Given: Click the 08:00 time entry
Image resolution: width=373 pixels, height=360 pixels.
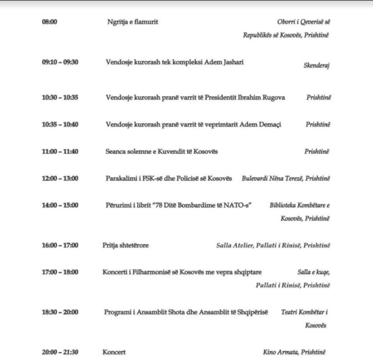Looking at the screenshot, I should click(50, 23).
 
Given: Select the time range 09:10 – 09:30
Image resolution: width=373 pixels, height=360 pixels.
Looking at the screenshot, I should click(60, 62).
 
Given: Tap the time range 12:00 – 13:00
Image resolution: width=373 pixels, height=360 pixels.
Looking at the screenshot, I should click(60, 178).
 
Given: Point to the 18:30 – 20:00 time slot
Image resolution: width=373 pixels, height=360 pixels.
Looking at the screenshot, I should click(60, 312).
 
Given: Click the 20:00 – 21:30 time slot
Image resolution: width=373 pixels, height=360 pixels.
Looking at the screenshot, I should click(60, 352).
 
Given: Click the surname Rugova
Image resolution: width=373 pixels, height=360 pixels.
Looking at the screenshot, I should click(289, 97).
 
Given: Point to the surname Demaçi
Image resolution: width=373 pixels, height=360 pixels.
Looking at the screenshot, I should click(269, 124).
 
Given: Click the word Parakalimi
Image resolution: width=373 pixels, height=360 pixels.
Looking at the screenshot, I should click(121, 178).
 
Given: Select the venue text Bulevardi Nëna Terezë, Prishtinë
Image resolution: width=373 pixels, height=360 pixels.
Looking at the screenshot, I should click(286, 179).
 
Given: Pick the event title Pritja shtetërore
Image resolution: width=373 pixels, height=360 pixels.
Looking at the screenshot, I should click(125, 245).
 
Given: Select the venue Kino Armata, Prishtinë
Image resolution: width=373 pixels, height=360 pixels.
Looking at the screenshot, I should click(293, 352).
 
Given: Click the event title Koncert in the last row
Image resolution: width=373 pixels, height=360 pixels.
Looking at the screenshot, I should click(114, 352).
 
